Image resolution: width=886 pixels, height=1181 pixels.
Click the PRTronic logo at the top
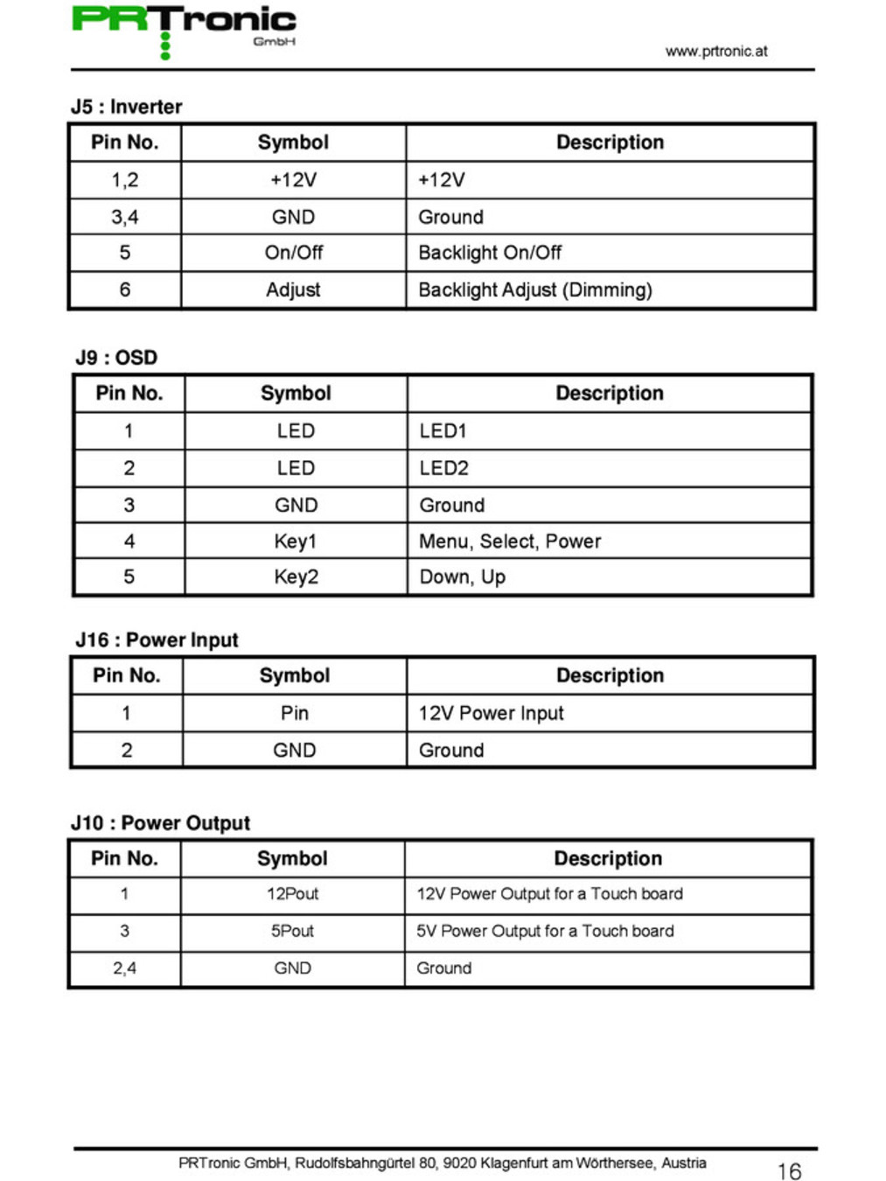coord(184,26)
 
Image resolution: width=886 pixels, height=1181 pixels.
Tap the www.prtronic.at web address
coord(715,51)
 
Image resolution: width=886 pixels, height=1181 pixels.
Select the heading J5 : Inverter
coord(127,107)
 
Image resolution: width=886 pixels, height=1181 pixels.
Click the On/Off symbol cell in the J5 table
coord(293,253)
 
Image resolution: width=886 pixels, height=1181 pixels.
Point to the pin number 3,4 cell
coord(124,217)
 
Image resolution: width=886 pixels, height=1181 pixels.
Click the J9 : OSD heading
coord(116,357)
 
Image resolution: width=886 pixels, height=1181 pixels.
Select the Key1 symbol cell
coord(295,542)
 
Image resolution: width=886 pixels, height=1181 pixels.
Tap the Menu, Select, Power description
coord(510,542)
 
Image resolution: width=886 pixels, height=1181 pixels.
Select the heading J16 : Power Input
coord(157,639)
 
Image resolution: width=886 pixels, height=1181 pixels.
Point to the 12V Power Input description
coord(491,713)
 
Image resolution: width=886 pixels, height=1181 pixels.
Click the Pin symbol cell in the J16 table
coord(294,713)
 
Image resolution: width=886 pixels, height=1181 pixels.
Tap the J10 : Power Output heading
coord(160,823)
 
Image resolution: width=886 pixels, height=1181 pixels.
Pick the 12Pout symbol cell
coord(292,894)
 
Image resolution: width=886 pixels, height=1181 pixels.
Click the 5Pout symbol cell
coord(292,931)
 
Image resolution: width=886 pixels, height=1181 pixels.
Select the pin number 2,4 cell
coord(124,968)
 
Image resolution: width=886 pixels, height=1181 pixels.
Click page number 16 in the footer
coord(789,1171)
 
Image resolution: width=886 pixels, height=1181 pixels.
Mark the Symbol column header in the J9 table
coord(296,394)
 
